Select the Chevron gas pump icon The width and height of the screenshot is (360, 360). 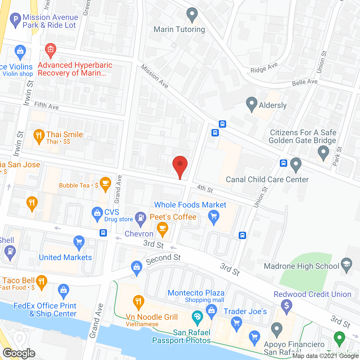tap(141, 218)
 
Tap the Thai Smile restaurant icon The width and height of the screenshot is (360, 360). tap(39, 136)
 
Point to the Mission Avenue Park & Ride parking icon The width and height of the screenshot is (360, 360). tap(15, 20)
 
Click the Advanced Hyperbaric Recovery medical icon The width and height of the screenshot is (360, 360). tap(51, 50)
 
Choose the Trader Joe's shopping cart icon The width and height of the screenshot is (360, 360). tap(236, 323)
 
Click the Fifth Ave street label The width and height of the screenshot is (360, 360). tap(46, 106)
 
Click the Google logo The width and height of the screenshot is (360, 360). tap(19, 353)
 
